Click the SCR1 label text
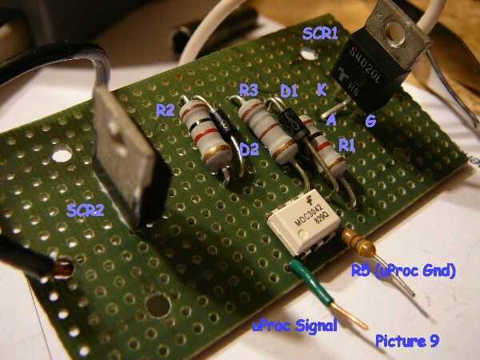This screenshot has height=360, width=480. pos(319,34)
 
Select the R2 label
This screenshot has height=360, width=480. pos(166,110)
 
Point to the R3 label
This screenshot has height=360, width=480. pos(248,88)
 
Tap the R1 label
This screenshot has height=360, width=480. pos(346,145)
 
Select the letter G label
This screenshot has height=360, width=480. pos(370,121)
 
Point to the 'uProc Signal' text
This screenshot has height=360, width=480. pos(294,326)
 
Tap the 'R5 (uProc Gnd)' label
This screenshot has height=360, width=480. pos(403,273)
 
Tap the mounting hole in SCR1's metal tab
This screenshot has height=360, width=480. pos(392,32)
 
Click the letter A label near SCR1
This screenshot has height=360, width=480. pos(331,120)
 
